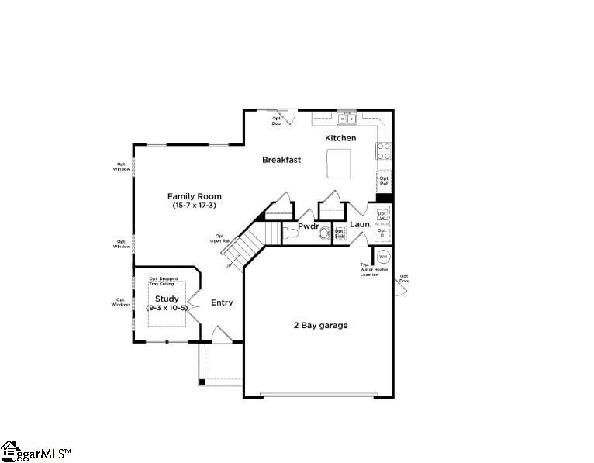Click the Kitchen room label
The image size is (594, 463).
coord(340,138)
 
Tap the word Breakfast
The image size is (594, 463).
coord(281,160)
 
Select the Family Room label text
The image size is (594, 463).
coord(195,196)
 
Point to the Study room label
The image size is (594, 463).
coord(167,299)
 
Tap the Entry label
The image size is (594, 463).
coord(222,302)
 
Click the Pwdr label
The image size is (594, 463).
coord(309,226)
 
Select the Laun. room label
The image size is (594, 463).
coord(361,225)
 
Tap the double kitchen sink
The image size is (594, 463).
coord(346,119)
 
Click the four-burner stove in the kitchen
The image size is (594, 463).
coord(384,150)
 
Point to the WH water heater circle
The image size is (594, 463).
coord(383,256)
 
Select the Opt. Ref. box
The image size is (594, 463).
coord(384,181)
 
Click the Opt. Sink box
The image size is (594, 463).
coord(340,233)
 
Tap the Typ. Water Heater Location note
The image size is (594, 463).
coord(369,270)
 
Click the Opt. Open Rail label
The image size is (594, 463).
coord(220,238)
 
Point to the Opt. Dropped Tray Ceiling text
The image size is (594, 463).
coord(164,280)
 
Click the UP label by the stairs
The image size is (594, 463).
coord(228,266)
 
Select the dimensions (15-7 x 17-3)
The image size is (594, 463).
coord(195,206)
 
